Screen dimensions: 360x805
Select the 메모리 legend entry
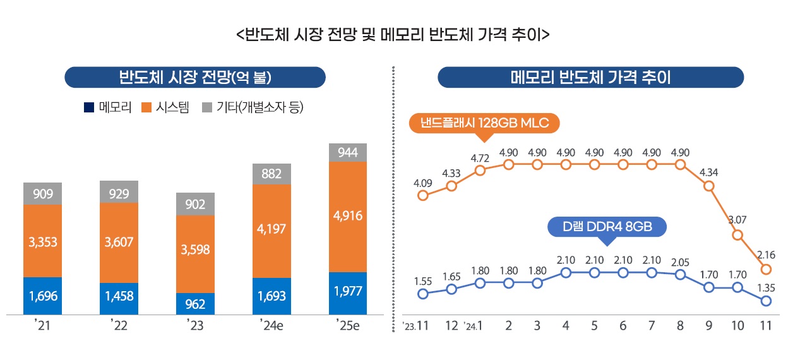click(x=107, y=107)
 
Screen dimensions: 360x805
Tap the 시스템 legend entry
click(x=165, y=107)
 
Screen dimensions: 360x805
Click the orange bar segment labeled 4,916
click(x=348, y=217)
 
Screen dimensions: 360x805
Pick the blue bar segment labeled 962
click(x=195, y=304)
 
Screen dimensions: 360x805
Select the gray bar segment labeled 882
click(x=271, y=174)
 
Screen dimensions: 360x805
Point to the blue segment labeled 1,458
click(x=119, y=296)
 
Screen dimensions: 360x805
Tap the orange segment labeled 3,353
click(x=42, y=241)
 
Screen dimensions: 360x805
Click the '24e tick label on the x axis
click(x=271, y=327)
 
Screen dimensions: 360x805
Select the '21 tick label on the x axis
click(x=42, y=327)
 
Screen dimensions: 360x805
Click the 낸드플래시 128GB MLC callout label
click(x=484, y=123)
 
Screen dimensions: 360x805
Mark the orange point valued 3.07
click(x=737, y=235)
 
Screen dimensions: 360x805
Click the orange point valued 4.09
click(x=423, y=195)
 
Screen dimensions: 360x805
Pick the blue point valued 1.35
click(x=766, y=301)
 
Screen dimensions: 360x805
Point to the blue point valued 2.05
click(x=680, y=274)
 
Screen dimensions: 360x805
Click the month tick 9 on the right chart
click(x=708, y=327)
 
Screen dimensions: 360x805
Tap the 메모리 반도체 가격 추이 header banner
click(x=590, y=78)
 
